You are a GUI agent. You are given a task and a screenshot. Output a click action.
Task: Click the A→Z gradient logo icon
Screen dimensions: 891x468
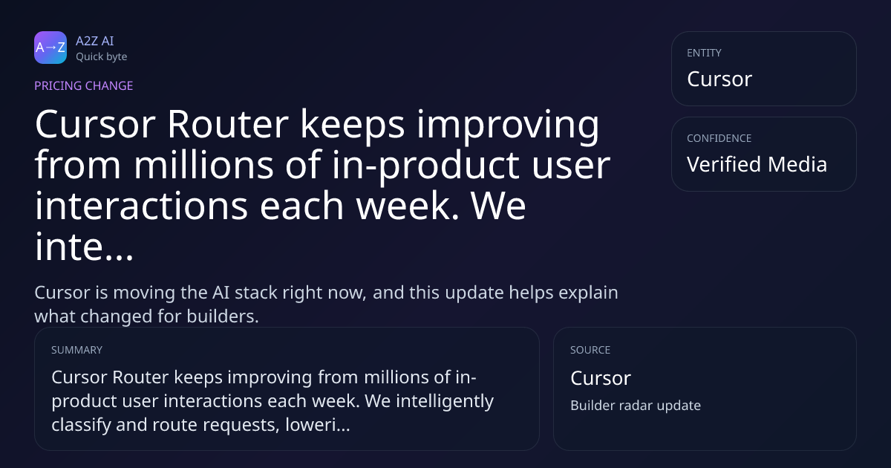(x=50, y=48)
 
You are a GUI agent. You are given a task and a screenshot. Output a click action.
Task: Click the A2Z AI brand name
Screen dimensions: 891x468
(x=95, y=41)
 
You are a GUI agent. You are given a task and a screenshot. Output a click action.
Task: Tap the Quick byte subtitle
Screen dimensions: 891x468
(x=102, y=57)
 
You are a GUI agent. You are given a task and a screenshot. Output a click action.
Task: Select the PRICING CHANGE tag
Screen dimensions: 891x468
(x=83, y=85)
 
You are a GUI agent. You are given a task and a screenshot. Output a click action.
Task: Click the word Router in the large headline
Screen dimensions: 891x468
(x=227, y=124)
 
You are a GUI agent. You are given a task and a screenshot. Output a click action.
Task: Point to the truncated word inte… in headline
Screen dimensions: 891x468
(x=84, y=247)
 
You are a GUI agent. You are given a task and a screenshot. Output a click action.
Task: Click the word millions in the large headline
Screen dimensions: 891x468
(x=203, y=165)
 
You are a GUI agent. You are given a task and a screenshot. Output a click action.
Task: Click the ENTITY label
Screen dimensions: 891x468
(x=704, y=53)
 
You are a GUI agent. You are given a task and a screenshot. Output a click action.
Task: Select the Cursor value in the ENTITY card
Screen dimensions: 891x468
(x=719, y=79)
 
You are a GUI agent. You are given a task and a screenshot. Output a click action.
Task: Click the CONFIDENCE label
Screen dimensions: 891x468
(x=719, y=138)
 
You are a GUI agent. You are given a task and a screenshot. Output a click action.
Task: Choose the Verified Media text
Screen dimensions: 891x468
(x=757, y=164)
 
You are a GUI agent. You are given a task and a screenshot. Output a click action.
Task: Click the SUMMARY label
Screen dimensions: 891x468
(x=76, y=350)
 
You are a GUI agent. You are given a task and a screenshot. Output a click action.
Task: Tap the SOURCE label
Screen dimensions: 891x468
(x=590, y=350)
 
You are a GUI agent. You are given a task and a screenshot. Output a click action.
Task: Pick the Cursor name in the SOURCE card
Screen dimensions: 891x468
(x=601, y=378)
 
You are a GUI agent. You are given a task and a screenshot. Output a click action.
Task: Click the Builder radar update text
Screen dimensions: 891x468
(x=636, y=406)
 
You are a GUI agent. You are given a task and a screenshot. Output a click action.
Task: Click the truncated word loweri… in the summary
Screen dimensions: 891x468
(x=318, y=425)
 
